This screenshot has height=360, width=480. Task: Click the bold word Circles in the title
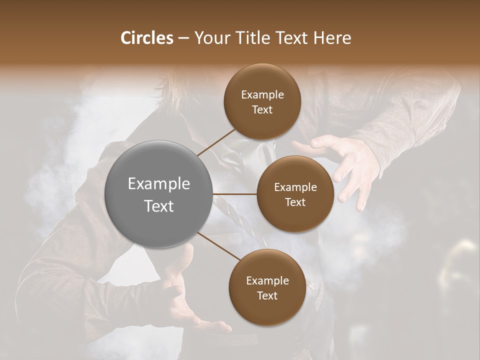(x=146, y=38)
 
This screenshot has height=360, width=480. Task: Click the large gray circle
(x=158, y=194)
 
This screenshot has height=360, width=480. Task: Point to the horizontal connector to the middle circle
(x=235, y=194)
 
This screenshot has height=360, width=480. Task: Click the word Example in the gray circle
(x=158, y=184)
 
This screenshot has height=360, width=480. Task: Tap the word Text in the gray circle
(x=158, y=206)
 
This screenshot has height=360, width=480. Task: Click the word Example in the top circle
(x=262, y=95)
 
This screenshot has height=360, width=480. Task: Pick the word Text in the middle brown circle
(x=295, y=202)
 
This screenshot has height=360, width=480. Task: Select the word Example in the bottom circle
(x=267, y=281)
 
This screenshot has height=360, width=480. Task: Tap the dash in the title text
(x=183, y=38)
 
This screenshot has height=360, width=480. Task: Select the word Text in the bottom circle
(x=267, y=295)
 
